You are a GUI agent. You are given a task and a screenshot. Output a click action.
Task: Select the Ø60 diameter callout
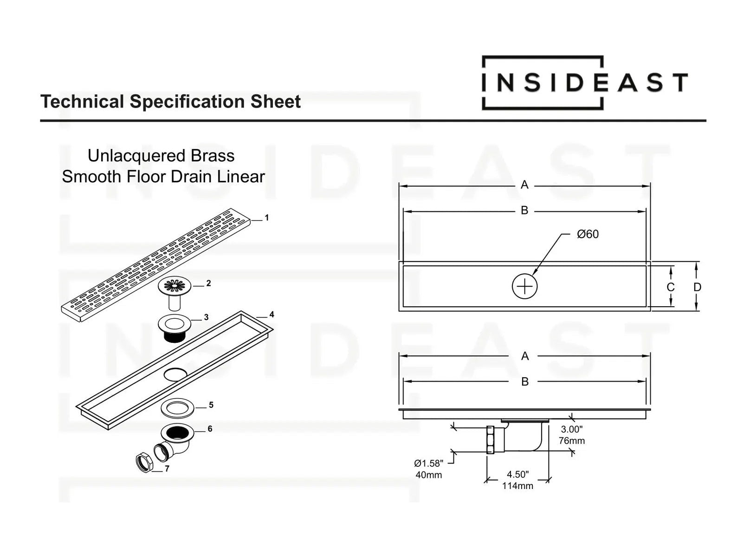tap(588, 234)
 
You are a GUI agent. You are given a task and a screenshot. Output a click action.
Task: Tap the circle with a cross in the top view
tap(524, 286)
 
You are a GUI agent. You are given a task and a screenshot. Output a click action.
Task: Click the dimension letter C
tap(670, 287)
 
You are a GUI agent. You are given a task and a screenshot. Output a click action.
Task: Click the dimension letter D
tap(697, 287)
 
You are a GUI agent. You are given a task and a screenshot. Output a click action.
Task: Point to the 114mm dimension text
tap(517, 486)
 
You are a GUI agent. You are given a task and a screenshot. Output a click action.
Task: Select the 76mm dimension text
tap(571, 441)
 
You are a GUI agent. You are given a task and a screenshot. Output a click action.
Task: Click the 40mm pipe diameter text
tap(428, 475)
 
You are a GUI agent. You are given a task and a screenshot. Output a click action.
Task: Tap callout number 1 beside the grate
tap(266, 218)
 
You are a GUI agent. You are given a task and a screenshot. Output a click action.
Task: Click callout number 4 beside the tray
tap(272, 315)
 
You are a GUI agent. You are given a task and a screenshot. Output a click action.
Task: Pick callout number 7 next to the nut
tap(167, 469)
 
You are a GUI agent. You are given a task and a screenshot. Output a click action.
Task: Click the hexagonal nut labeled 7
tap(144, 463)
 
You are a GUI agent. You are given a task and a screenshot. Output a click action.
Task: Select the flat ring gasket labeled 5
tap(177, 408)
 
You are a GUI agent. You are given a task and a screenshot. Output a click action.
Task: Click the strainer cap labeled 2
tap(175, 286)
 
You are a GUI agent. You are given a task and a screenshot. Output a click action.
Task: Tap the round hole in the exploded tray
tap(175, 374)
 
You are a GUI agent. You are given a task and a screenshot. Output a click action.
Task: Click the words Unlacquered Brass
tap(161, 156)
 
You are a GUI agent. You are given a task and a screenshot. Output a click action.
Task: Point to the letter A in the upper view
tap(524, 185)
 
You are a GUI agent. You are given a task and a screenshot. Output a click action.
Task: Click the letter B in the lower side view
tap(524, 381)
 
